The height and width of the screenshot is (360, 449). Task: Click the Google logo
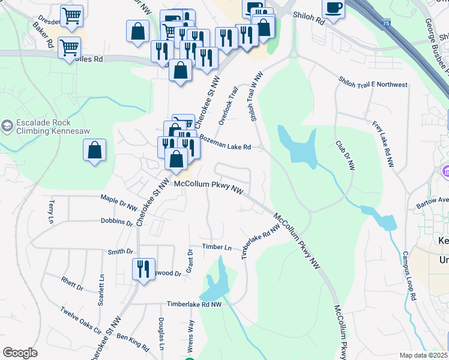point(20,353)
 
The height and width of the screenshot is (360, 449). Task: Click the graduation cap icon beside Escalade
point(7,126)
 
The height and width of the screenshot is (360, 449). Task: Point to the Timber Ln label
point(216,247)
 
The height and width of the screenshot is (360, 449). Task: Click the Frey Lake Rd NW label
point(382,144)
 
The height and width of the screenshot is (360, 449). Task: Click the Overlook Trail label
point(228,106)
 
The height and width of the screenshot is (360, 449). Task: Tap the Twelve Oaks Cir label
point(80,320)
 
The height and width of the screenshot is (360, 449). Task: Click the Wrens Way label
point(191,335)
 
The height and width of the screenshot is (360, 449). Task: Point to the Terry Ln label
point(51,212)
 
